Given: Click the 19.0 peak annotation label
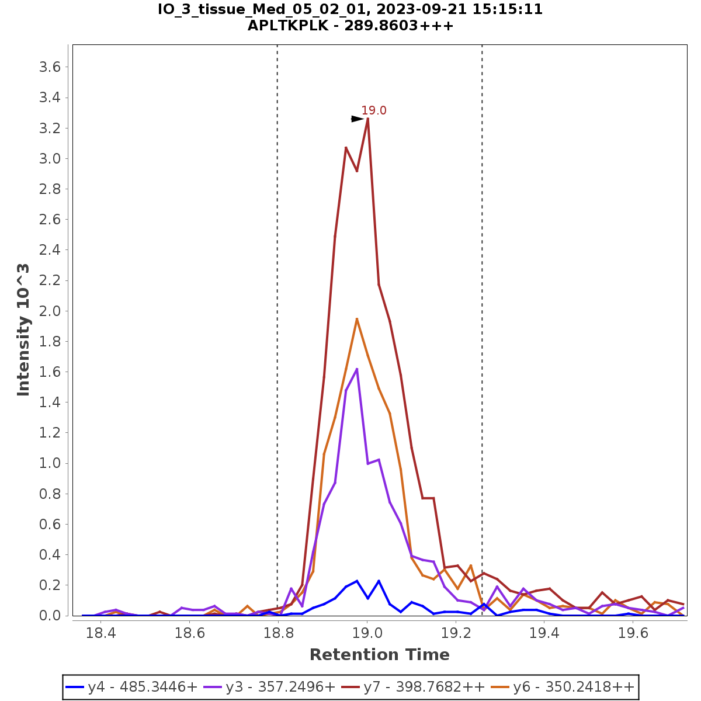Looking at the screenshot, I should click(374, 110).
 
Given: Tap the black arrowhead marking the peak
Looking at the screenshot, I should click(357, 119).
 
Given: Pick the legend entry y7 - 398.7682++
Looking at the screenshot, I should click(424, 687).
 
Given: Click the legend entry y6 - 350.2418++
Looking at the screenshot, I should click(573, 687).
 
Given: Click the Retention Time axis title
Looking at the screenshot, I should click(379, 655).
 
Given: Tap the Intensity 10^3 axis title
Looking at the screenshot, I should click(23, 330).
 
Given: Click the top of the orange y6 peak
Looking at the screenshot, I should click(357, 319).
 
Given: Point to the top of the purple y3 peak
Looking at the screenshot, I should click(357, 369).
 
